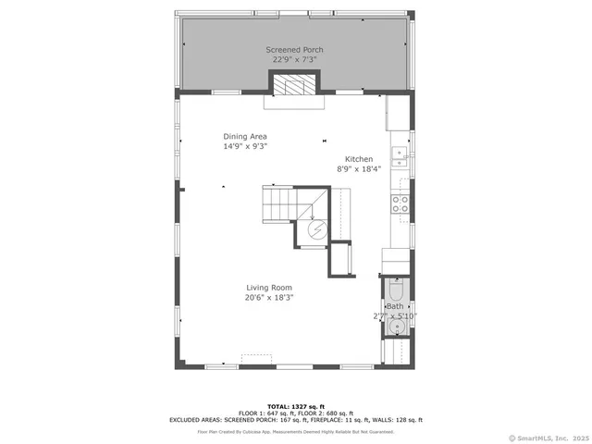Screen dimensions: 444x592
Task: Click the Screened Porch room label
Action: (x=294, y=49)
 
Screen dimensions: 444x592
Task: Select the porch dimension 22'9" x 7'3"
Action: (x=294, y=59)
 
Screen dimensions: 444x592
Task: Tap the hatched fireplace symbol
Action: (x=295, y=86)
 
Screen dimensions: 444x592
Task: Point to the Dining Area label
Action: (x=244, y=136)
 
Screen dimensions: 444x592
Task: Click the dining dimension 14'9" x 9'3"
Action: (x=244, y=145)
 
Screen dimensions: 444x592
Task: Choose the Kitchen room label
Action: (x=359, y=159)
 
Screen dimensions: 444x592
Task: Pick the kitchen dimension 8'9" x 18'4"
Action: (x=359, y=168)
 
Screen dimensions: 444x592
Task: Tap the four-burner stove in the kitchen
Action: (x=401, y=203)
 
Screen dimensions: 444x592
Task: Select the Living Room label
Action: (x=269, y=288)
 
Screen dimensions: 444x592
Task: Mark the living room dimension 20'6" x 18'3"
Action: (x=269, y=297)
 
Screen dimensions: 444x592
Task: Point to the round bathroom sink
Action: (x=397, y=326)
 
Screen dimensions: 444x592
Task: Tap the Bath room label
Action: (x=395, y=306)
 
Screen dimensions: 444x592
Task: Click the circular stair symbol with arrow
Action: (x=315, y=230)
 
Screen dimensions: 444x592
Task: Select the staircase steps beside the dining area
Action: (x=278, y=201)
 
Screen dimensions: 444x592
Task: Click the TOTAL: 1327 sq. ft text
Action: (x=294, y=406)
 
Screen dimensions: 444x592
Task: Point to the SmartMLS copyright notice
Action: (x=548, y=438)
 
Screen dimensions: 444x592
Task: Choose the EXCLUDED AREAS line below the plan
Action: (x=294, y=419)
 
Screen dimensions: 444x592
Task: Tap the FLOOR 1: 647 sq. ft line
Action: (x=294, y=413)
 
